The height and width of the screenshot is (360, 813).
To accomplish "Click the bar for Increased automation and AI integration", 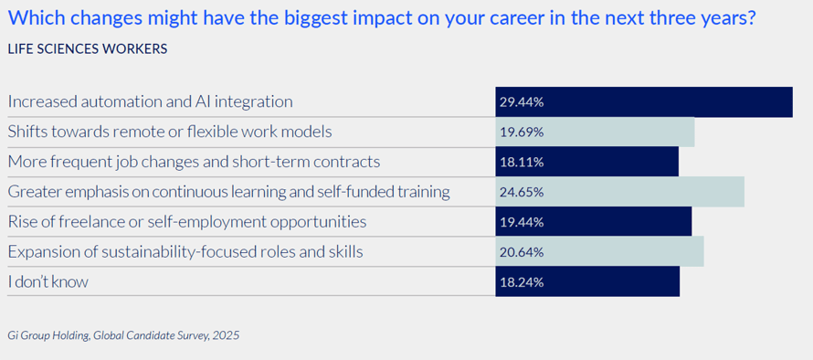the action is tap(644, 101).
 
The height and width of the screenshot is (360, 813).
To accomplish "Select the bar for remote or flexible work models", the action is tap(595, 132).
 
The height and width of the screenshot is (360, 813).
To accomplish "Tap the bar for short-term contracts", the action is tap(587, 162).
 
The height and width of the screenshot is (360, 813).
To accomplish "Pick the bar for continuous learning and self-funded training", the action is tap(620, 192).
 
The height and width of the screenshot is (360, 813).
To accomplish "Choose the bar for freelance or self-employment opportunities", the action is tap(594, 222).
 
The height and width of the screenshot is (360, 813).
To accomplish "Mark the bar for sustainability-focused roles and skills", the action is tap(600, 252).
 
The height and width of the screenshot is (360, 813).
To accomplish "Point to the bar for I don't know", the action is tap(587, 281).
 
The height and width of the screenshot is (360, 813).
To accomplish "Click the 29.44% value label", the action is tap(522, 102).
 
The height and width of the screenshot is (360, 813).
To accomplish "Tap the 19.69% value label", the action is tap(522, 132).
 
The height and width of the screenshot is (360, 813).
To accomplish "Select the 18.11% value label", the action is tap(522, 163).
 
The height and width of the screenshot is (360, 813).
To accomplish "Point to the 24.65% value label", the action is tap(522, 193).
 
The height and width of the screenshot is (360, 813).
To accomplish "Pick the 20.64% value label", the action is tap(522, 252).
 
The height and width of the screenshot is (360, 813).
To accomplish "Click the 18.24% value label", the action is tap(522, 282).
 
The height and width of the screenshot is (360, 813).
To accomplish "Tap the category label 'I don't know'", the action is tap(48, 282).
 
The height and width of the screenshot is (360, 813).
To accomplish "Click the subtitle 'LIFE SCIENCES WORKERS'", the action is tap(87, 48).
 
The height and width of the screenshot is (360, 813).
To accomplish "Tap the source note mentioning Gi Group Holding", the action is tap(123, 335).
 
